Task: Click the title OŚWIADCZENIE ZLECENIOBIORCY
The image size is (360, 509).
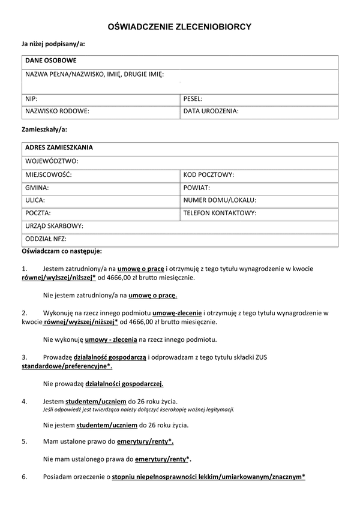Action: tap(179, 27)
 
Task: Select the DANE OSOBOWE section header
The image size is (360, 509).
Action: tap(50, 61)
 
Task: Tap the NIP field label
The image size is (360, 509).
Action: tap(31, 98)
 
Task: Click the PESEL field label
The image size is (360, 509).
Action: tap(193, 98)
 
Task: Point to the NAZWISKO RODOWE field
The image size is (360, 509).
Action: tap(57, 111)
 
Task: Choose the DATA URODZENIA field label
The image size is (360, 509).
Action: tap(211, 111)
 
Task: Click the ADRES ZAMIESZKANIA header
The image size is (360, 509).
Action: tap(59, 147)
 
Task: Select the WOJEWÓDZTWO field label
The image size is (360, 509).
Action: tap(52, 161)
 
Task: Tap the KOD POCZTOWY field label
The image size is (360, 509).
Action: tap(208, 174)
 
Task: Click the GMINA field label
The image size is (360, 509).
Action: tap(37, 187)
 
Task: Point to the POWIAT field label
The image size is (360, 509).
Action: tap(196, 187)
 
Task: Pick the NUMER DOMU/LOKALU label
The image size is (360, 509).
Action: tap(220, 200)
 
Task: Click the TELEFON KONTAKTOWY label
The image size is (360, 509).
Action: tap(220, 213)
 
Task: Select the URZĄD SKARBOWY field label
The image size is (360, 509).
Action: tap(54, 226)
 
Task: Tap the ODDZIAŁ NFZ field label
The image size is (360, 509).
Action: tap(45, 239)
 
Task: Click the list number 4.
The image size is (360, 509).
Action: tap(24, 400)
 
